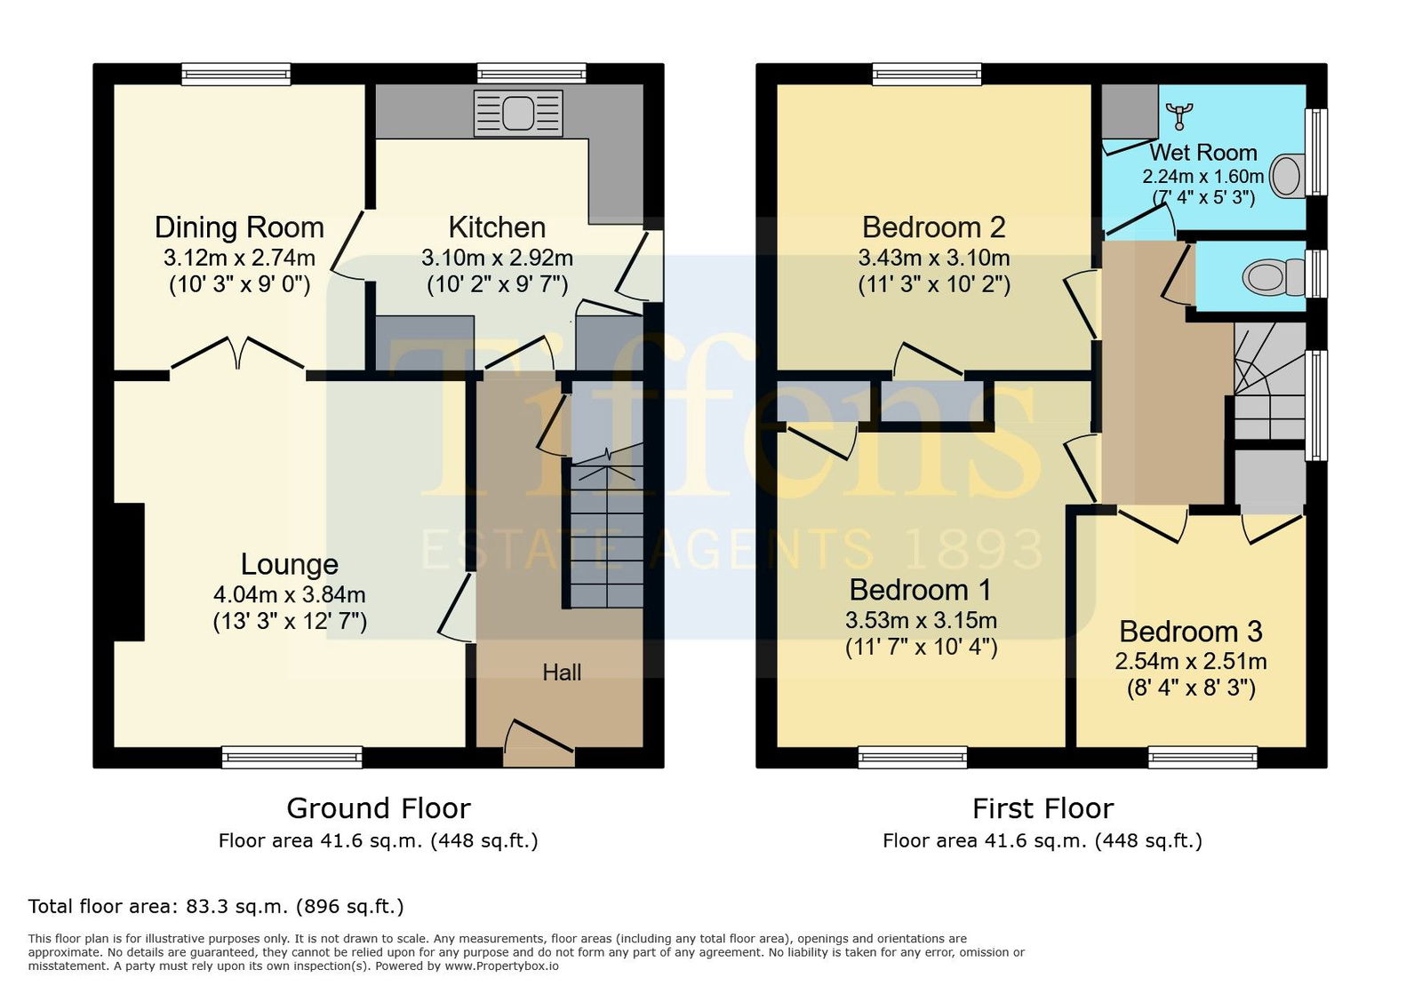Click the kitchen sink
point(518,113)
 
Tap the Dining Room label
point(239,227)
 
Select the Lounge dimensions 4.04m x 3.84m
point(290,594)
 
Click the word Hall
point(562,672)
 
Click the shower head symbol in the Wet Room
point(1178,116)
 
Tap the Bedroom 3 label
point(1191,632)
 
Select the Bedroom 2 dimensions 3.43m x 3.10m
point(934,258)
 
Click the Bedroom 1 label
point(921,590)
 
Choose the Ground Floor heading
point(379,808)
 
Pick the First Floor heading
point(1043,808)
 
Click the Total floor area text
point(216,906)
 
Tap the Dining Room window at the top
point(236,74)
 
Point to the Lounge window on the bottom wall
point(292,757)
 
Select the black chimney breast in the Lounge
point(129,571)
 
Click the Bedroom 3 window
point(1203,757)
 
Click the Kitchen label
point(497,227)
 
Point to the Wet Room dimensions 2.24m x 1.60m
point(1203,177)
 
